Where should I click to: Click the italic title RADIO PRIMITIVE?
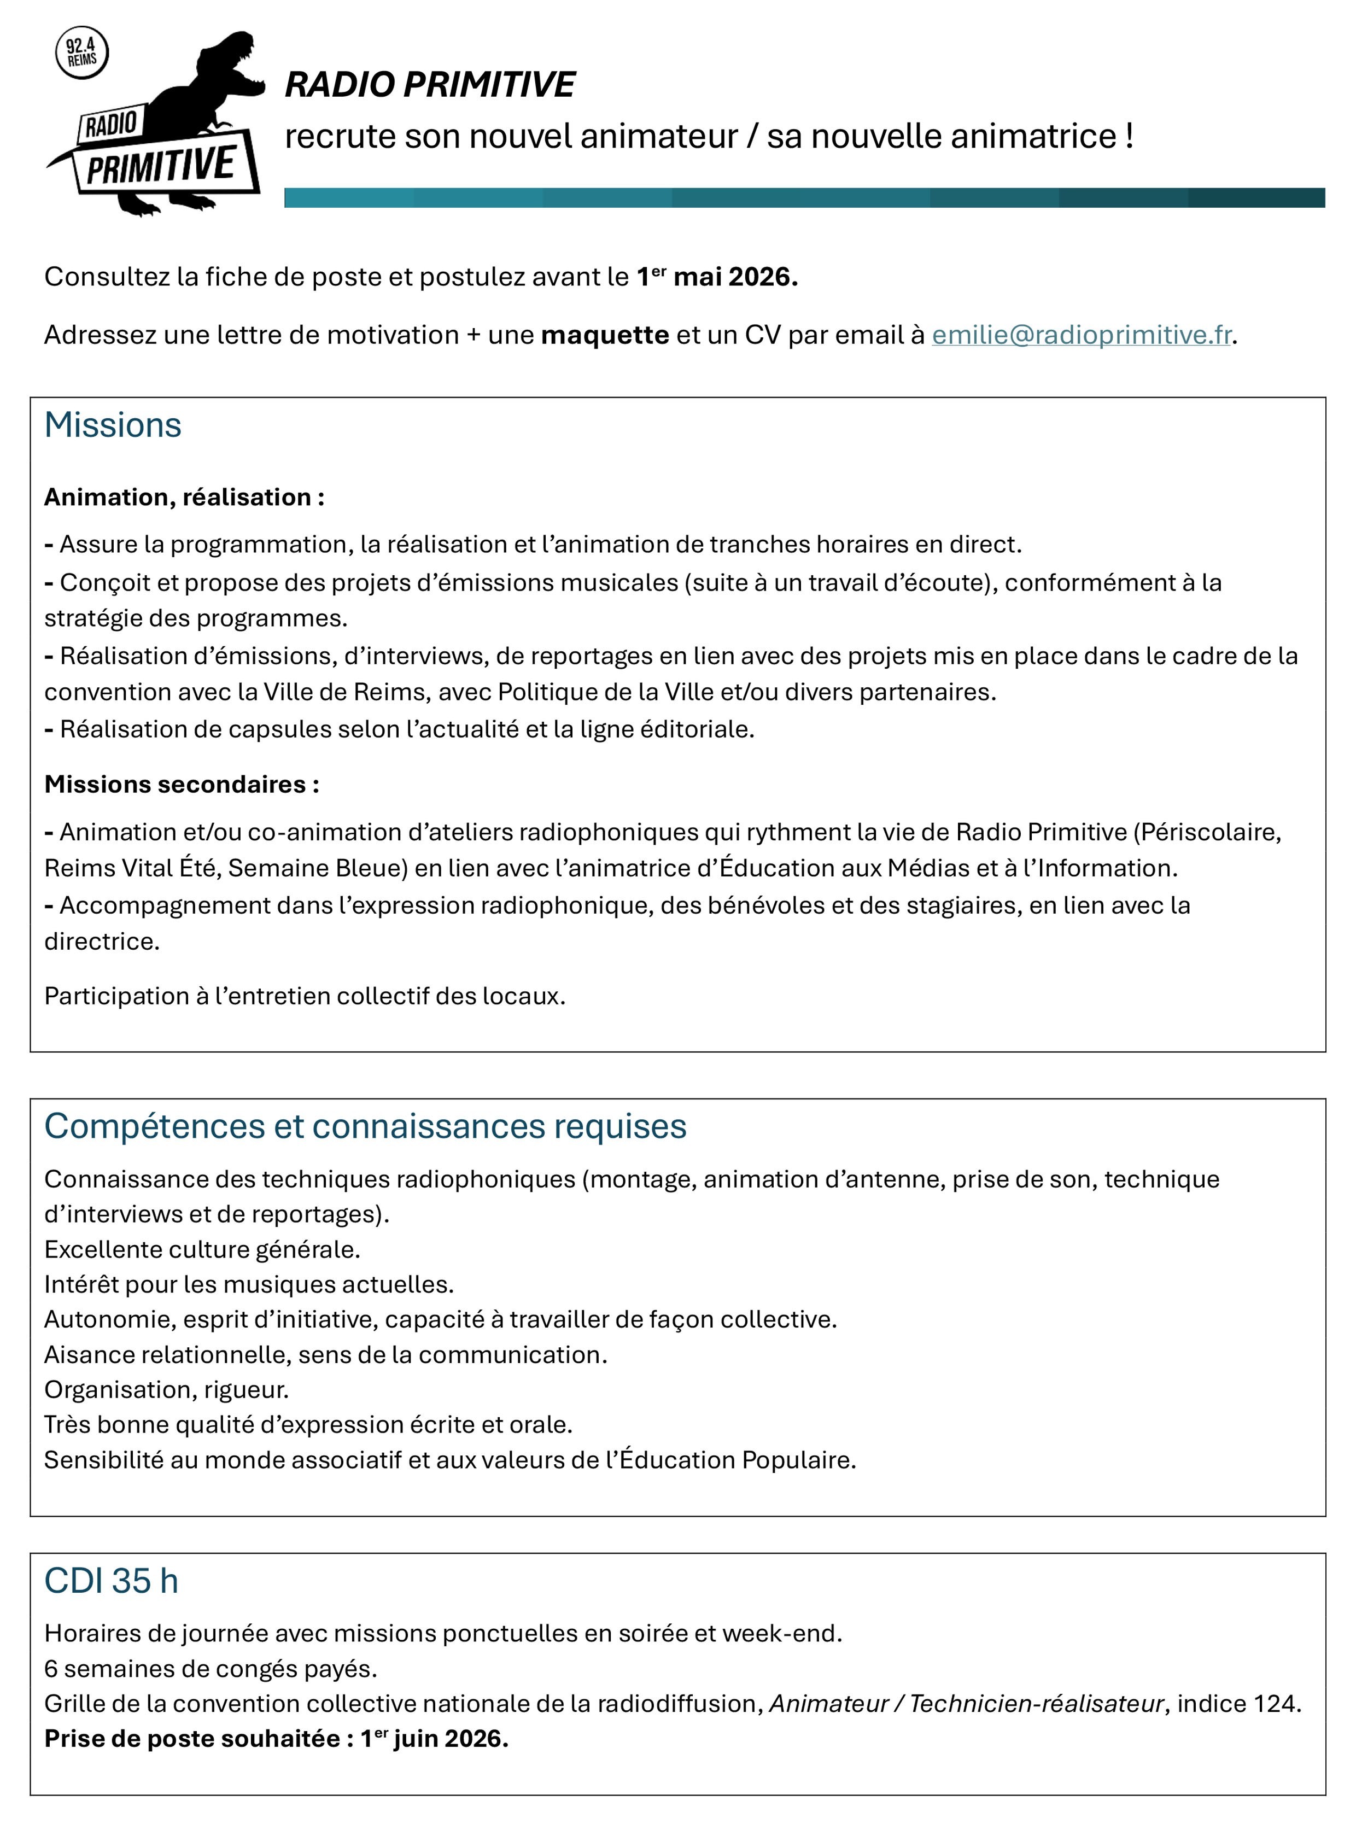tap(429, 85)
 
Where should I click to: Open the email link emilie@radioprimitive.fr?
tap(1081, 335)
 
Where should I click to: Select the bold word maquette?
tap(605, 335)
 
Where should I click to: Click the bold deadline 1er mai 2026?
tap(717, 277)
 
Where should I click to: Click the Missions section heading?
tap(113, 425)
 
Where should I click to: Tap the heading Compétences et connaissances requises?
tap(365, 1126)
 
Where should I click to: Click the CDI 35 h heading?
tap(111, 1581)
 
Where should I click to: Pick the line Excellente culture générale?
tap(202, 1249)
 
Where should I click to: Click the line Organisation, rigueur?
tap(167, 1390)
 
